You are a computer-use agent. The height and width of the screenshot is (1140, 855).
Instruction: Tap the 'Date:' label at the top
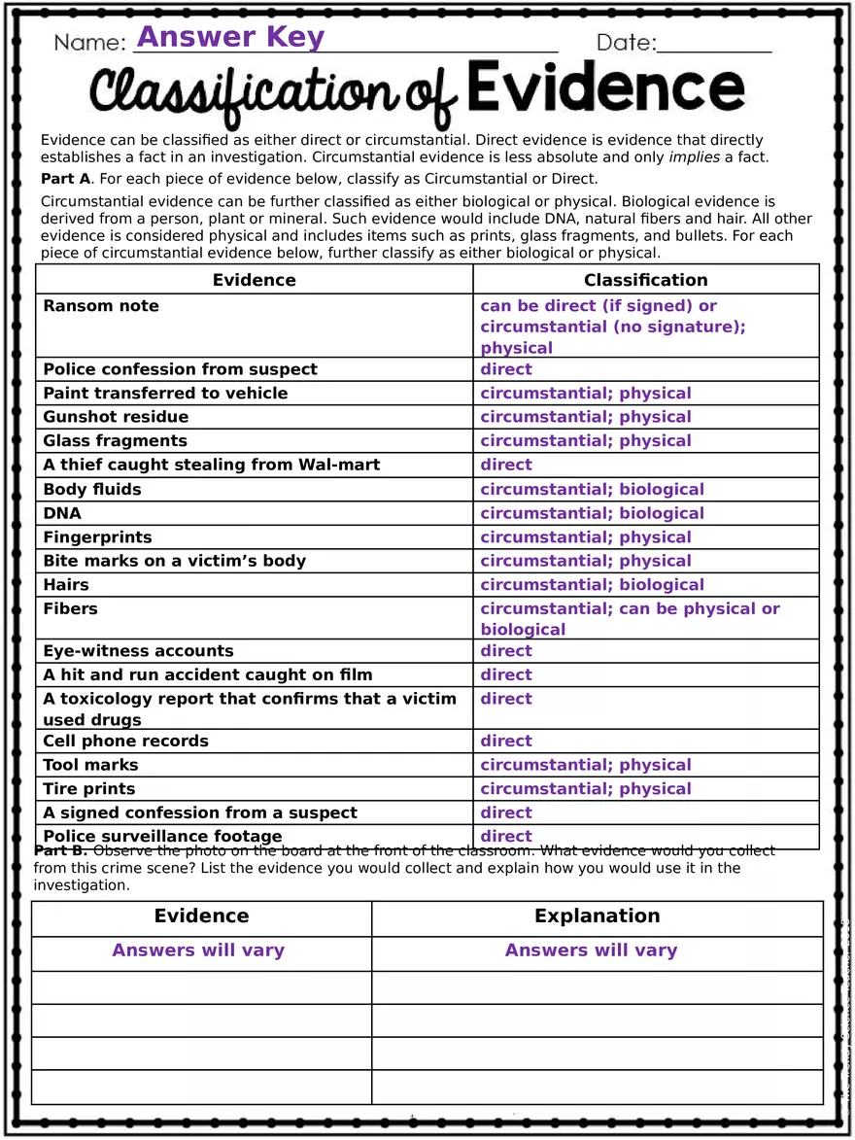point(627,43)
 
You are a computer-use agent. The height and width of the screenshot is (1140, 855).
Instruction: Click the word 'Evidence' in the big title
point(605,89)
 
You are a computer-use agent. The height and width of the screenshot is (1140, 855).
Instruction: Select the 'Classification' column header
point(645,280)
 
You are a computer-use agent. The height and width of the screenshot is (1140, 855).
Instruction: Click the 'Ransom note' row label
point(101,306)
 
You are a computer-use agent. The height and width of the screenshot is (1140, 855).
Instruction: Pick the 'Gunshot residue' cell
point(116,417)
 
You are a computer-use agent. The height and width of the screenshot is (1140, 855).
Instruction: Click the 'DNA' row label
point(62,513)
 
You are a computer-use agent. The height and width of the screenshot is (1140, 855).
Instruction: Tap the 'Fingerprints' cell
point(97,537)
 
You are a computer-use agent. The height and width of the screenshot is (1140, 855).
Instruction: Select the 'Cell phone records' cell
point(125,742)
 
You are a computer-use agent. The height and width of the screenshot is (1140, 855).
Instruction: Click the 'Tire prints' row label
point(89,789)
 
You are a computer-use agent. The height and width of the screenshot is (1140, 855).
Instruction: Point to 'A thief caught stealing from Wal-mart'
point(211,465)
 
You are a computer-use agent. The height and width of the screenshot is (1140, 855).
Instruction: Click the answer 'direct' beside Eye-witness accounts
point(506,651)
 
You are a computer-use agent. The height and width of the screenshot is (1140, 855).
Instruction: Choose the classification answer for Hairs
point(592,585)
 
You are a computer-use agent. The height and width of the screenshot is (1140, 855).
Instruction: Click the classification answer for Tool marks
point(586,765)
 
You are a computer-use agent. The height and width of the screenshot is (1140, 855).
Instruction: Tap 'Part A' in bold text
point(66,179)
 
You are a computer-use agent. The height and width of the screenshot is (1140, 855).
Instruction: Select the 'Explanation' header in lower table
point(597,916)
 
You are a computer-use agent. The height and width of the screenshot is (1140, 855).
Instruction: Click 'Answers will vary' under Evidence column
point(198,950)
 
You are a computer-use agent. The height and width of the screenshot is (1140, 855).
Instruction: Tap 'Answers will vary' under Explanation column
point(591,950)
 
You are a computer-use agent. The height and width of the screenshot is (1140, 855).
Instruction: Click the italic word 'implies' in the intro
point(695,157)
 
